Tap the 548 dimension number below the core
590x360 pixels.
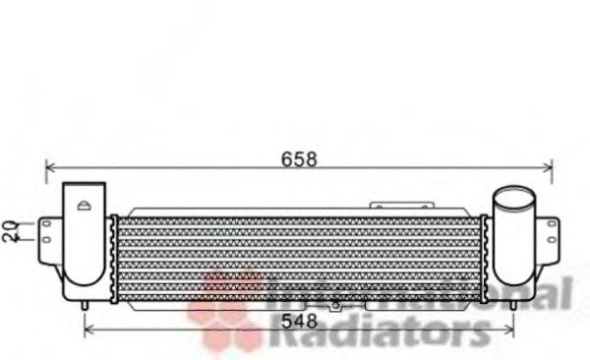tap(299, 320)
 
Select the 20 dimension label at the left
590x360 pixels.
tap(10, 231)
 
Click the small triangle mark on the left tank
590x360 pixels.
tap(85, 206)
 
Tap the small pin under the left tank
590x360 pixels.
tap(88, 306)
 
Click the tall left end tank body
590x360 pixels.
tap(84, 241)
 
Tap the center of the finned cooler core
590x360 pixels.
tap(300, 258)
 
